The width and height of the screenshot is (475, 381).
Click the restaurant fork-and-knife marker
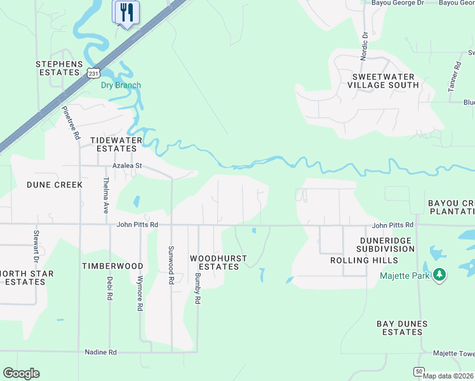[126, 12]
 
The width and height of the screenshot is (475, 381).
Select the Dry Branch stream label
[121, 85]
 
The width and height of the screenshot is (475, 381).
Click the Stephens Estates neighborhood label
[59, 69]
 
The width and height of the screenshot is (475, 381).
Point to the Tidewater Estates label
[114, 144]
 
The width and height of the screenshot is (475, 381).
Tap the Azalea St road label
[126, 166]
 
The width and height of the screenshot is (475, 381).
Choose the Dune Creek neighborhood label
[55, 185]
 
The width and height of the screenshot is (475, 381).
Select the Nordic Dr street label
[365, 44]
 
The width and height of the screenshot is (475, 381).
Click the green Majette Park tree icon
[439, 275]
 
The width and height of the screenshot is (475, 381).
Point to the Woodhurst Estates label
[215, 262]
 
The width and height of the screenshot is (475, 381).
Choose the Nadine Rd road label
[101, 352]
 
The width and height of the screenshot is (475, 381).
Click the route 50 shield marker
[418, 371]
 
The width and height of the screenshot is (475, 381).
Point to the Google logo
[21, 373]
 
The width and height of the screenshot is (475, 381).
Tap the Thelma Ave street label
[105, 195]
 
